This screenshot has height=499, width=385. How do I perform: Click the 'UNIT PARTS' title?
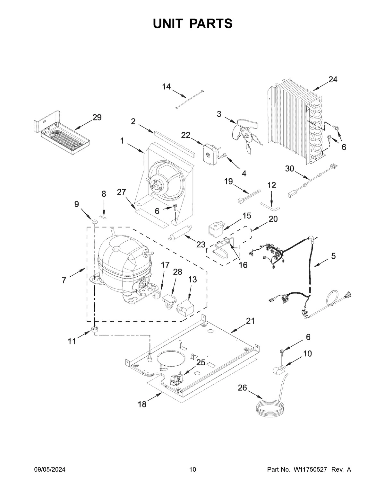(193, 23)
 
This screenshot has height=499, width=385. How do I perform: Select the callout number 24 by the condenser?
(333, 79)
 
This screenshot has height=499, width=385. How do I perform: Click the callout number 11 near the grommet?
(72, 341)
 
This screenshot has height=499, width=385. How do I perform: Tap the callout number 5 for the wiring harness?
(333, 256)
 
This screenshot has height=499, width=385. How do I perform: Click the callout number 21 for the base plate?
(250, 321)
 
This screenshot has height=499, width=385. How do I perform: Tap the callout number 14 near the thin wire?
(166, 87)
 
